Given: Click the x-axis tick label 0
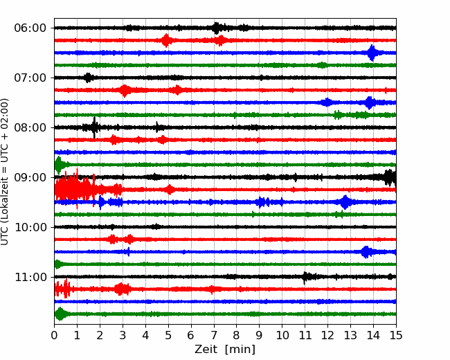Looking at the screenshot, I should (x=55, y=336).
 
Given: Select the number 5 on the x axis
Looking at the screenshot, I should (x=168, y=336).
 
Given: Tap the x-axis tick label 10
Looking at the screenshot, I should (x=282, y=336).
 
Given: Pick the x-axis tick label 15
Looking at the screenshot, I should (x=396, y=336).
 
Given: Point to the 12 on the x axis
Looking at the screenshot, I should (x=327, y=336).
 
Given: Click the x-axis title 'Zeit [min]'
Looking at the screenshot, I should (x=224, y=350).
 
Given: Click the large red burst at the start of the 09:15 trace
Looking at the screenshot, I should (x=69, y=189).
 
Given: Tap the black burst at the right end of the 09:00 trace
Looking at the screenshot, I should (x=390, y=177).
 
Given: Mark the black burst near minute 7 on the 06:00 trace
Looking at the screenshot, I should (x=217, y=28).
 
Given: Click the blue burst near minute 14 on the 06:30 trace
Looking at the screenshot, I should (x=372, y=53).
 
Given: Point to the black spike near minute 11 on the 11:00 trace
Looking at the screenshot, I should (x=305, y=277).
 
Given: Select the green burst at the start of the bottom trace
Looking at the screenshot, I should (x=60, y=314).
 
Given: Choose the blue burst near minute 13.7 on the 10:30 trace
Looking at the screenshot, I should (x=366, y=252).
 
